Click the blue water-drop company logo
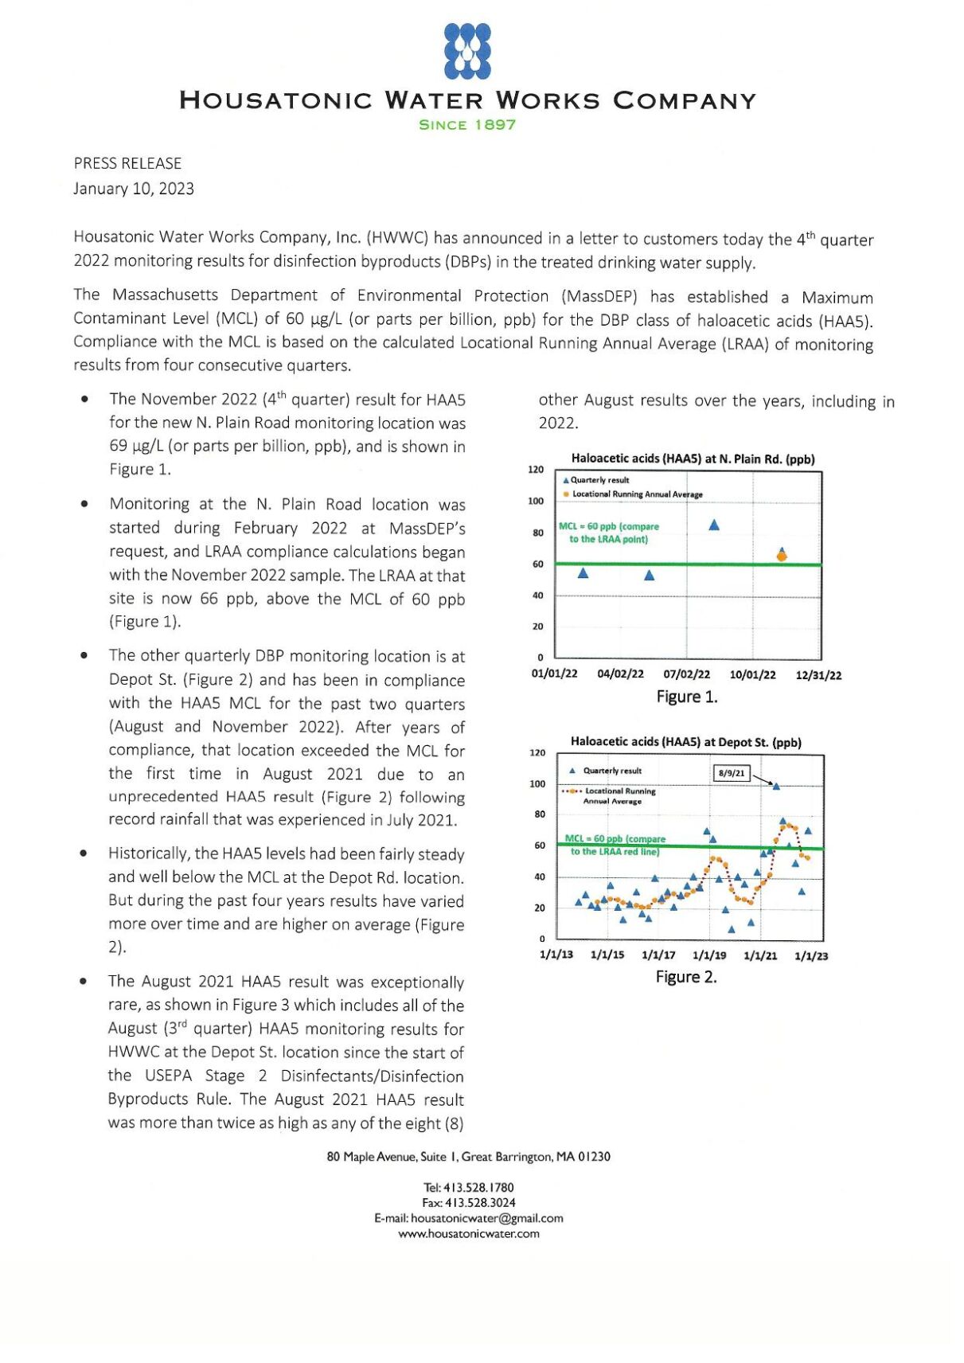tap(467, 51)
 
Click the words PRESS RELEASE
tap(127, 163)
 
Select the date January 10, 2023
tap(134, 189)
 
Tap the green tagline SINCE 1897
tap(467, 125)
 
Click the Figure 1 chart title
tap(693, 459)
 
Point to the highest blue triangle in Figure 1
tap(714, 525)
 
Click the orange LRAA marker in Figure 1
tap(781, 556)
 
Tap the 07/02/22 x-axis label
tap(686, 674)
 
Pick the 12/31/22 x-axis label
tap(818, 675)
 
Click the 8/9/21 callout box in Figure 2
tap(731, 772)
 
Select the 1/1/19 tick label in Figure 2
tap(708, 955)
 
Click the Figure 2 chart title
tap(685, 742)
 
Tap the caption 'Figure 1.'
tap(686, 697)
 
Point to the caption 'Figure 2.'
tap(685, 977)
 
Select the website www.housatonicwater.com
tap(469, 1234)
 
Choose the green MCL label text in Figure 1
tap(609, 533)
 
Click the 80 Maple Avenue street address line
tap(468, 1157)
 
